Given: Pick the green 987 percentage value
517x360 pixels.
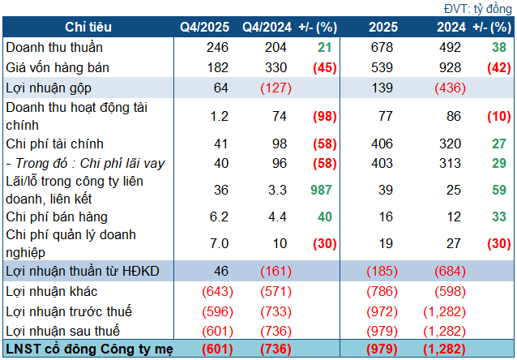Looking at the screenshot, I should (x=323, y=189).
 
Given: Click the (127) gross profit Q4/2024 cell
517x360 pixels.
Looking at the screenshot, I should (x=272, y=88).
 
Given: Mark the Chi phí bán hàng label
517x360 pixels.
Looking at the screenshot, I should (x=56, y=217).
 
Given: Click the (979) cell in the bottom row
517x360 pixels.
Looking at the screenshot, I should (x=383, y=349).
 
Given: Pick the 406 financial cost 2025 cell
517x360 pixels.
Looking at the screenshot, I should (x=383, y=143).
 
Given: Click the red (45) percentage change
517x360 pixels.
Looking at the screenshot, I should (x=325, y=67).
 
